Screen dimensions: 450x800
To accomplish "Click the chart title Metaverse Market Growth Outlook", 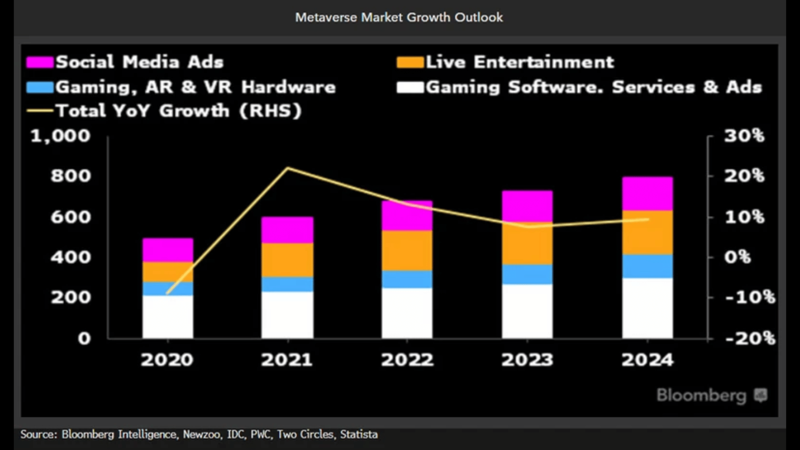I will point(399,17).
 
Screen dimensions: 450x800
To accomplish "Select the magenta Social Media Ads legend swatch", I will point(40,62).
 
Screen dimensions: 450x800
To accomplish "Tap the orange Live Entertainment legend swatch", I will point(410,62).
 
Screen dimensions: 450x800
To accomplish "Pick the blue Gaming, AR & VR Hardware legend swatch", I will point(40,87).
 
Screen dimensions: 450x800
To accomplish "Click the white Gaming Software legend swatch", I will point(410,87).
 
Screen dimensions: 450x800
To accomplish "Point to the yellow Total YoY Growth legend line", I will point(40,111).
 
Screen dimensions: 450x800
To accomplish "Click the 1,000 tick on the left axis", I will point(60,136).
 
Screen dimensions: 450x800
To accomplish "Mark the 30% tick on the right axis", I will point(744,136).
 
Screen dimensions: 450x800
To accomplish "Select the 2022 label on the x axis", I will point(407,360).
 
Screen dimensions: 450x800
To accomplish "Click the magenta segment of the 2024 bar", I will point(647,194).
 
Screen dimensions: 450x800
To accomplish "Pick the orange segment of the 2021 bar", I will point(287,260).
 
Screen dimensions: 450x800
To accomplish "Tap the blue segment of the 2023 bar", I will point(527,274).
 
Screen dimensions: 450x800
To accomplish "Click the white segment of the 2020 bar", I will point(168,316).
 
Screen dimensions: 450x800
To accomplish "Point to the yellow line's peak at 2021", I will point(288,168).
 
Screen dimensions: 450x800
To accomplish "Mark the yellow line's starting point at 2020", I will point(167,293).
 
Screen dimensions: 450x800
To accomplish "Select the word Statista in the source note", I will point(359,435).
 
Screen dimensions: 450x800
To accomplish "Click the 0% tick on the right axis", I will point(737,257).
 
